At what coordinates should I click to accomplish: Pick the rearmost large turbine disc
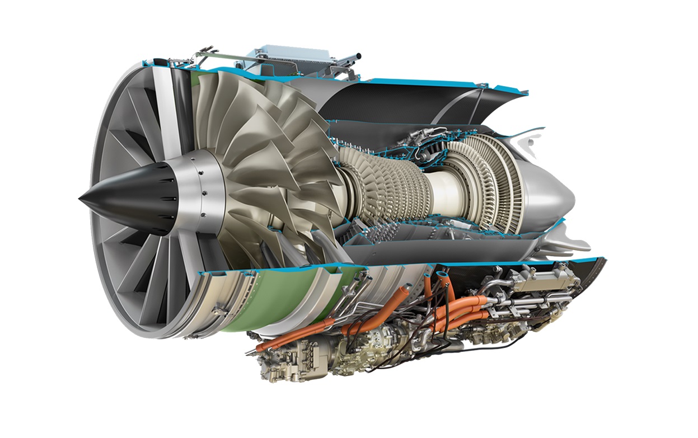504,185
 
